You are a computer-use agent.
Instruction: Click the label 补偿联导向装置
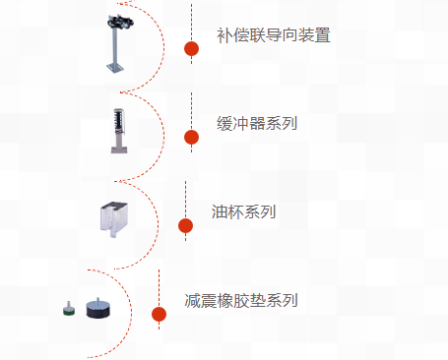(x=273, y=36)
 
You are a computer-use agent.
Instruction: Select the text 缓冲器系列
(x=257, y=124)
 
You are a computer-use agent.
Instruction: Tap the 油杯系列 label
(x=243, y=212)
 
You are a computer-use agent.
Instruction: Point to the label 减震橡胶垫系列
(x=241, y=301)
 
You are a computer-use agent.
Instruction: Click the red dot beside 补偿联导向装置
(x=191, y=48)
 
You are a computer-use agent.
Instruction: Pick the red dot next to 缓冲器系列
(x=191, y=136)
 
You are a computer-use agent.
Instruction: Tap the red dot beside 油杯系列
(x=185, y=225)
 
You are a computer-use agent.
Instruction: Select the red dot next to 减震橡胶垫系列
(x=159, y=314)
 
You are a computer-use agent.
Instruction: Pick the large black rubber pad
(x=97, y=309)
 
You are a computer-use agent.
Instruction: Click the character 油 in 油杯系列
(x=220, y=212)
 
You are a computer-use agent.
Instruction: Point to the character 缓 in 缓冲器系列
(x=224, y=124)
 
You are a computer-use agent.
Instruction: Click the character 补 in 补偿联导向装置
(x=224, y=36)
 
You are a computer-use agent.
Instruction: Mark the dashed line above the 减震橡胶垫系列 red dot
(x=159, y=287)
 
